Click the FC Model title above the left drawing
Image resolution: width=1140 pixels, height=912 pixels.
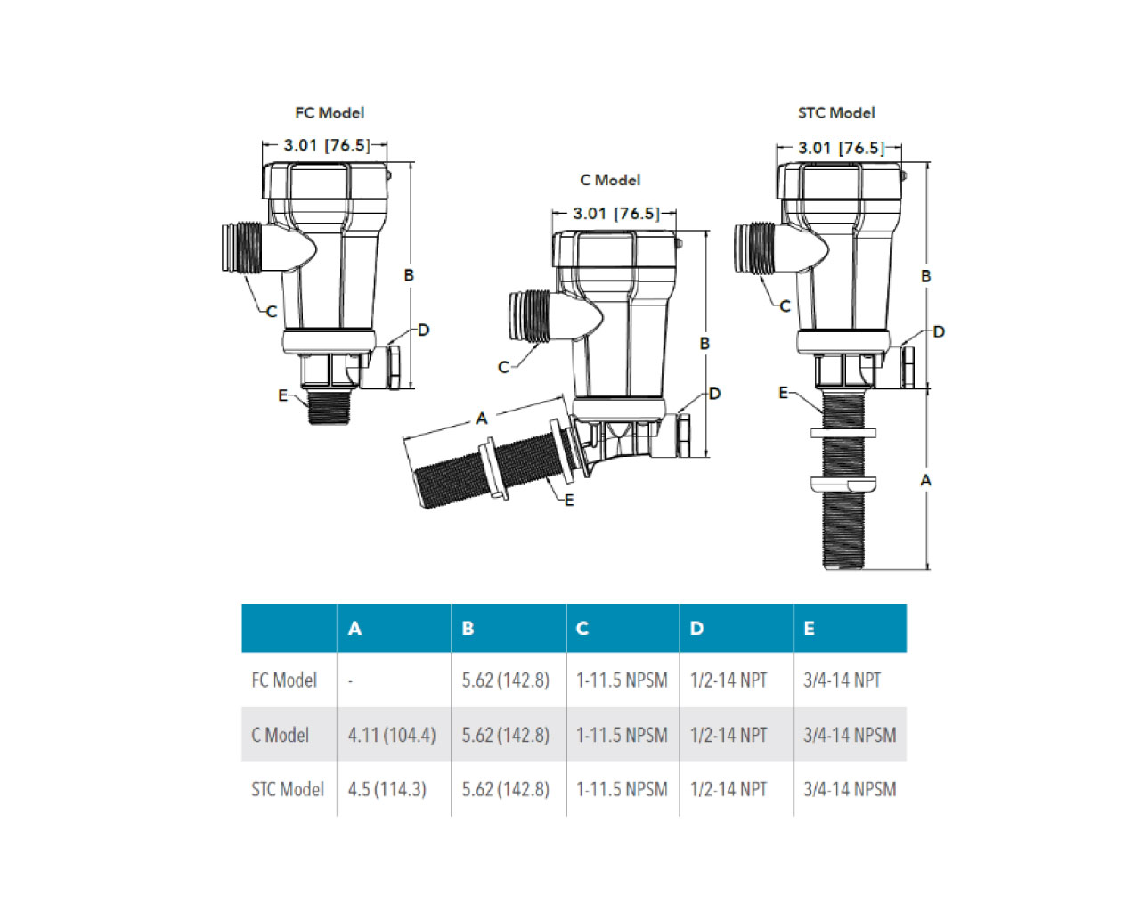coord(330,113)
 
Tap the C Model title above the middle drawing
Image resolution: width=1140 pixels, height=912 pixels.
coord(610,180)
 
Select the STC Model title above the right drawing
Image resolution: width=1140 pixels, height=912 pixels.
coord(836,113)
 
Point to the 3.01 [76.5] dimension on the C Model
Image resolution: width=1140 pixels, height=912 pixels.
coord(616,214)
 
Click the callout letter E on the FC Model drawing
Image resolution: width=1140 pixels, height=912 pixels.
coord(283,395)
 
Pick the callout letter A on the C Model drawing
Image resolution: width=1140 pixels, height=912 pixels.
coord(482,419)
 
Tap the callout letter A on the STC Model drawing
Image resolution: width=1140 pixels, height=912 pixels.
coord(925,480)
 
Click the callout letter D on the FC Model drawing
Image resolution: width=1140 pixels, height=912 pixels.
coord(423,330)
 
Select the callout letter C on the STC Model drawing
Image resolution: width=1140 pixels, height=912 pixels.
coord(785,306)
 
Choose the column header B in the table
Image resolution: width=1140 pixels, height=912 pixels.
coord(468,629)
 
